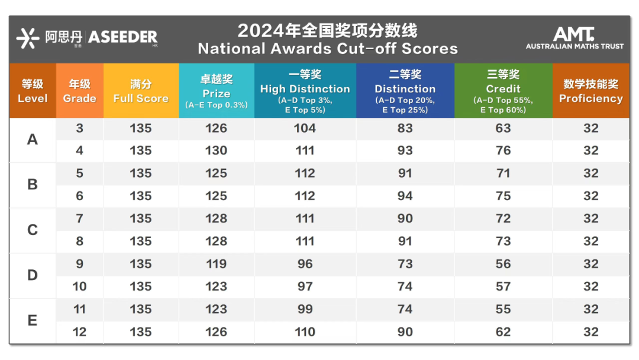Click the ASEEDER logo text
pyautogui.click(x=122, y=37)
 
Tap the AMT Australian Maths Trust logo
pyautogui.click(x=575, y=38)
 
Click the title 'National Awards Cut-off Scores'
pyautogui.click(x=328, y=49)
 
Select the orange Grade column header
pyautogui.click(x=79, y=91)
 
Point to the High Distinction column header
pyautogui.click(x=305, y=91)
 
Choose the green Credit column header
pyautogui.click(x=503, y=91)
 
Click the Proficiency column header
pyautogui.click(x=590, y=91)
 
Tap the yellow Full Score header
pyautogui.click(x=141, y=91)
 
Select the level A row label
pyautogui.click(x=33, y=139)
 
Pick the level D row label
pyautogui.click(x=33, y=275)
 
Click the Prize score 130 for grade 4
pyautogui.click(x=216, y=150)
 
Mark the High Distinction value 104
pyautogui.click(x=305, y=128)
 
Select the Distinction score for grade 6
pyautogui.click(x=405, y=196)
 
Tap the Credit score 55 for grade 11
pyautogui.click(x=503, y=309)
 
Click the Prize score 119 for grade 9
pyautogui.click(x=216, y=264)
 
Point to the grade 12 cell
pyautogui.click(x=79, y=332)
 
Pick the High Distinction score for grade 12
pyautogui.click(x=305, y=332)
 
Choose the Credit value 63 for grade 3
pyautogui.click(x=503, y=128)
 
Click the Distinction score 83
pyautogui.click(x=405, y=128)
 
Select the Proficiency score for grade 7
pyautogui.click(x=590, y=218)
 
